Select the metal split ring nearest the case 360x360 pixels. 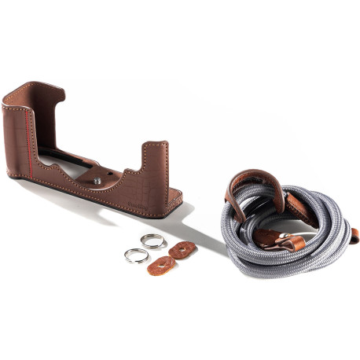click(154, 242)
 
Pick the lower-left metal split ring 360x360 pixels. click(135, 255)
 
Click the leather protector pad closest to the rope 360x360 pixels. click(185, 249)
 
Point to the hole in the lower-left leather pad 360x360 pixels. click(161, 264)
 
